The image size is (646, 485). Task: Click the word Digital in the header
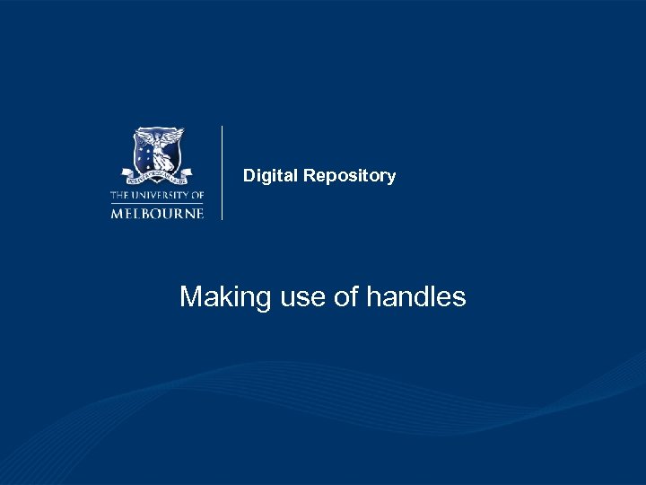coord(271,176)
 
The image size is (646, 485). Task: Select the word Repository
coord(349,176)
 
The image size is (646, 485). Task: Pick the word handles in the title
coord(416,296)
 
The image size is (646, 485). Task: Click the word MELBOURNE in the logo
coord(157,213)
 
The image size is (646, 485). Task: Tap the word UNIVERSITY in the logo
coord(161,195)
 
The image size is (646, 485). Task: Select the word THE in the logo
coord(119,195)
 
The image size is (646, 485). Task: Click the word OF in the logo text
coord(196,195)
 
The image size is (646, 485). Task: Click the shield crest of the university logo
coord(158,151)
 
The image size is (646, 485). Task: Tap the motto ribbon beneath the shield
coord(157,175)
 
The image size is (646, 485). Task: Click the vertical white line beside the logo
coord(222,172)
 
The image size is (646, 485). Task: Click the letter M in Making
coord(190,296)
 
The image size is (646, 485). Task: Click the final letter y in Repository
coord(391,178)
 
